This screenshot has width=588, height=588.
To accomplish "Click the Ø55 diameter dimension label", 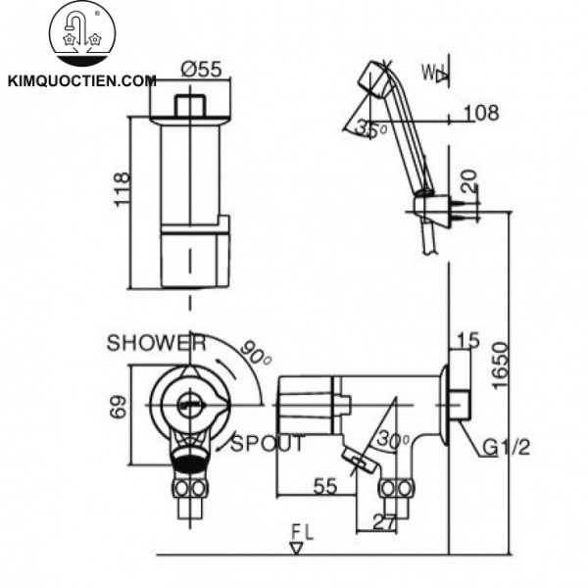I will [x=201, y=70].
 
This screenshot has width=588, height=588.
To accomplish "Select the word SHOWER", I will [x=156, y=343].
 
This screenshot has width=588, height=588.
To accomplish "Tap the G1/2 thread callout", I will [x=507, y=449].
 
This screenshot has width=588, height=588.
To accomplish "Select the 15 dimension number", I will [x=465, y=343].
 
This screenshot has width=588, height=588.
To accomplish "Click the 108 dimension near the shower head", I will [x=479, y=114].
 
